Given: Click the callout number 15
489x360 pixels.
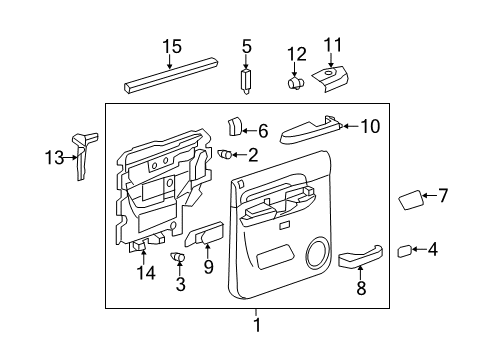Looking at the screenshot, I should pos(173,45).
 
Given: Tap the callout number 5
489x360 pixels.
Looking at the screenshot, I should pos(247,45).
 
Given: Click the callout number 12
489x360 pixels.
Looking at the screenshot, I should pos(296,52).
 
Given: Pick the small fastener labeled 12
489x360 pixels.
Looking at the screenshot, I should pos(296,84).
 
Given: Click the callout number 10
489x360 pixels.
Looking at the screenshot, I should pos(370,126).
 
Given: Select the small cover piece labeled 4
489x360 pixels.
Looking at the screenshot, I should pos(405,251).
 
